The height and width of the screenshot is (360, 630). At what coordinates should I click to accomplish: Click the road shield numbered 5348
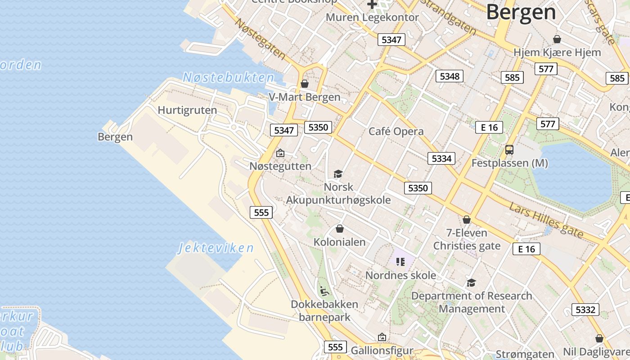450,76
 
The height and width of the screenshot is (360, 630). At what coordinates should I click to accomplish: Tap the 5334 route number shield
441,158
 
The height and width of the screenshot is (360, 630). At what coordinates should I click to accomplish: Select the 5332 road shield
585,310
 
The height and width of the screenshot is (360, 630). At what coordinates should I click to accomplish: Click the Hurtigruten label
187,110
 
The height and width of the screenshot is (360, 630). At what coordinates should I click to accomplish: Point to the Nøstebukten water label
228,77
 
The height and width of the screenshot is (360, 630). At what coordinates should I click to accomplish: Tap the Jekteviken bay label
216,248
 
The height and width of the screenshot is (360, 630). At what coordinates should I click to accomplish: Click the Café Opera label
396,131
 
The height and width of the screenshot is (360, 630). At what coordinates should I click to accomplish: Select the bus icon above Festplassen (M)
509,150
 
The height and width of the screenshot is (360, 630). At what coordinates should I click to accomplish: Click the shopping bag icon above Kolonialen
340,229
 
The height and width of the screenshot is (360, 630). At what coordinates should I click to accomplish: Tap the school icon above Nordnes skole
400,262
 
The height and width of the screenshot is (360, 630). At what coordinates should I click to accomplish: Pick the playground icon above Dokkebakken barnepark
324,291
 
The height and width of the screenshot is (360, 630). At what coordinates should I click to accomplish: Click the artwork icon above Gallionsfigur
382,337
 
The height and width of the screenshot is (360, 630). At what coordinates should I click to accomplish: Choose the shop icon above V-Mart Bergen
305,84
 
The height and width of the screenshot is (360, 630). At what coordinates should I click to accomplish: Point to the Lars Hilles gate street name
546,220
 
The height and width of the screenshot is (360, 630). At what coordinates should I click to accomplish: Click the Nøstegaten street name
261,39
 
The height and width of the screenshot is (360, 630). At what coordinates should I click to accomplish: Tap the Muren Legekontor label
372,18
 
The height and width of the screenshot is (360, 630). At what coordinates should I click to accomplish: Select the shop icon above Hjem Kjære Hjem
557,39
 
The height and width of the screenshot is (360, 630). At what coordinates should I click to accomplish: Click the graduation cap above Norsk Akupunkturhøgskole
338,174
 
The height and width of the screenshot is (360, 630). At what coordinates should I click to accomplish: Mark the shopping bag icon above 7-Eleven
467,220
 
